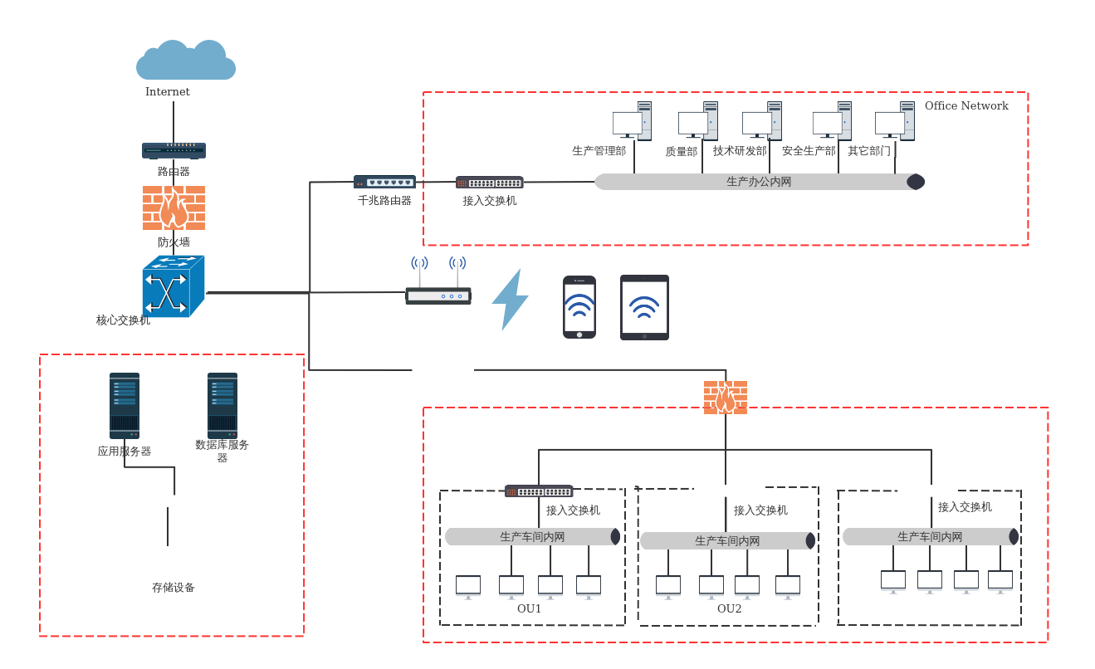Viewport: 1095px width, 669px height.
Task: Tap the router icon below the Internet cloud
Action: [174, 150]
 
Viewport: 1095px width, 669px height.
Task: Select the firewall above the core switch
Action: [174, 208]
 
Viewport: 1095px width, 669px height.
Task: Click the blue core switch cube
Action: [173, 286]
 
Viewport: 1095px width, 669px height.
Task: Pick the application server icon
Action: [125, 405]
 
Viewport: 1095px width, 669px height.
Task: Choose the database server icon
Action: [222, 405]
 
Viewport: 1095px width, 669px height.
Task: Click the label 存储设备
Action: [174, 588]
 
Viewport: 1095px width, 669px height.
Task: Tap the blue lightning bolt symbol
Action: [509, 300]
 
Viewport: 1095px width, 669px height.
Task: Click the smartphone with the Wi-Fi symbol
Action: [579, 307]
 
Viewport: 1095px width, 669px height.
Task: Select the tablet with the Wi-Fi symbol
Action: [644, 307]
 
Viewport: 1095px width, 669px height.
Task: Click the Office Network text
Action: [966, 106]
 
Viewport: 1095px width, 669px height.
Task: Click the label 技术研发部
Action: [740, 151]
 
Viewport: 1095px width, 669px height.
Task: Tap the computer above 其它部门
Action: [894, 122]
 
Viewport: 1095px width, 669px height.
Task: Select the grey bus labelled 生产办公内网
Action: [759, 182]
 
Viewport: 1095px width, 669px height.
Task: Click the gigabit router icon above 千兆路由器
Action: [384, 182]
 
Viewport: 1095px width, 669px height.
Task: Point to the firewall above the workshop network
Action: [726, 398]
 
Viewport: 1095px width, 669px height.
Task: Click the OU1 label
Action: [529, 608]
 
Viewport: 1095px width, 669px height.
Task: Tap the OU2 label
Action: [729, 608]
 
